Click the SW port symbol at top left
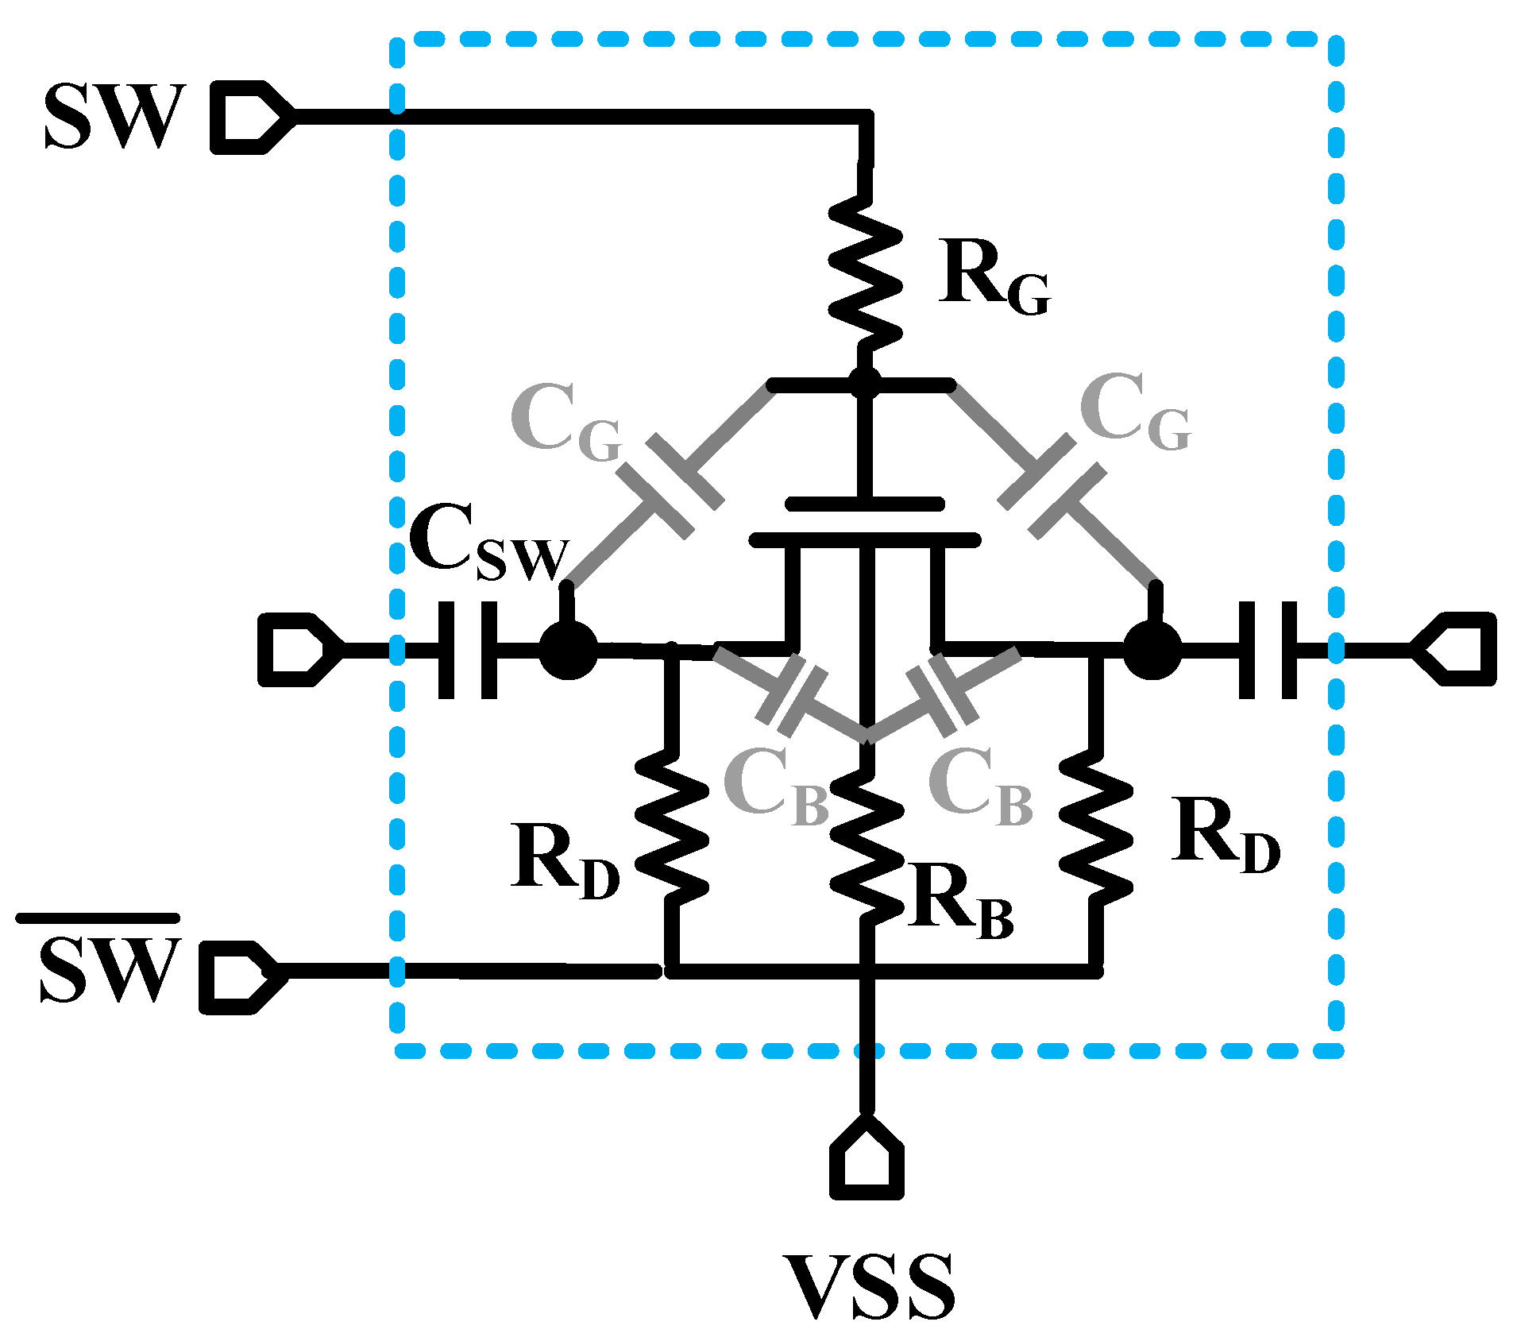(x=250, y=117)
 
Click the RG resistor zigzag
(x=866, y=274)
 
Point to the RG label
(x=993, y=278)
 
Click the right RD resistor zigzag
(x=1096, y=830)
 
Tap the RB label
(x=961, y=906)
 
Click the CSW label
(x=488, y=544)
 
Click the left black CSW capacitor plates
(x=468, y=651)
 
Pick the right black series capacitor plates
(x=1268, y=651)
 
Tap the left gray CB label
(x=774, y=786)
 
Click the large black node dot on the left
(x=568, y=651)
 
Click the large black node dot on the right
(x=1152, y=651)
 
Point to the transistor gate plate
(x=865, y=504)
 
